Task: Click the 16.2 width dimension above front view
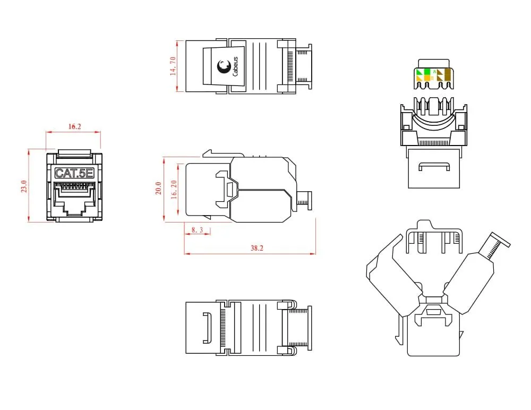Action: pyautogui.click(x=74, y=127)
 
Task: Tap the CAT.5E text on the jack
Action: pyautogui.click(x=74, y=173)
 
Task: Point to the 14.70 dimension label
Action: pyautogui.click(x=174, y=66)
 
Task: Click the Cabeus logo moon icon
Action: pyautogui.click(x=223, y=66)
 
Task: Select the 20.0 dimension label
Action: pyautogui.click(x=158, y=188)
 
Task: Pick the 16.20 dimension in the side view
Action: pyautogui.click(x=174, y=188)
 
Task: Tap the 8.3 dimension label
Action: pyautogui.click(x=197, y=230)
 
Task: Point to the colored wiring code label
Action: pyautogui.click(x=434, y=75)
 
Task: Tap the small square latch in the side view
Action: pyautogui.click(x=230, y=189)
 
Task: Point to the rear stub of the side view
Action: pyautogui.click(x=304, y=201)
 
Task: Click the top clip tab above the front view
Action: pyautogui.click(x=74, y=154)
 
